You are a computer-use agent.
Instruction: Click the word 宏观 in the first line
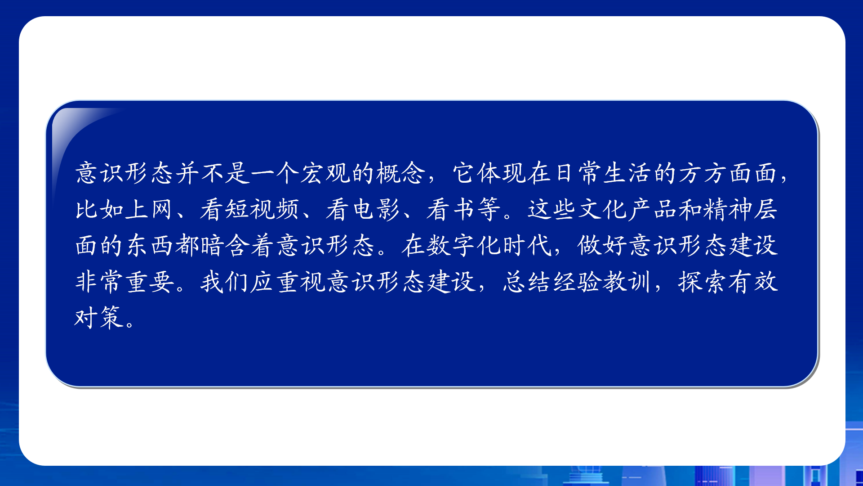(325, 173)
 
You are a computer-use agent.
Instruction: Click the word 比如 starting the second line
(100, 209)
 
